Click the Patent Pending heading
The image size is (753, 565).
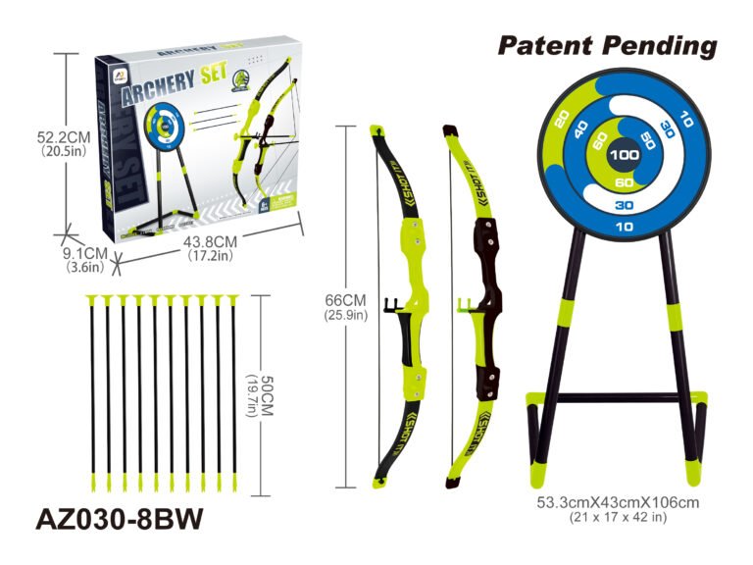pyautogui.click(x=607, y=45)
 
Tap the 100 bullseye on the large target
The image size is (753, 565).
pyautogui.click(x=624, y=154)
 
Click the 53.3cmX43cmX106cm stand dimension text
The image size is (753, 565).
pyautogui.click(x=618, y=502)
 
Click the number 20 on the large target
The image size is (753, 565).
pyautogui.click(x=562, y=119)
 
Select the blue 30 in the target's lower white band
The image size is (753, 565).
pyautogui.click(x=624, y=205)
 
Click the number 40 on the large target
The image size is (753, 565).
pyautogui.click(x=581, y=129)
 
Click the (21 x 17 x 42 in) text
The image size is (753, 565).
pyautogui.click(x=618, y=517)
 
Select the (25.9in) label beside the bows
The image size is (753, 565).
pyautogui.click(x=346, y=315)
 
